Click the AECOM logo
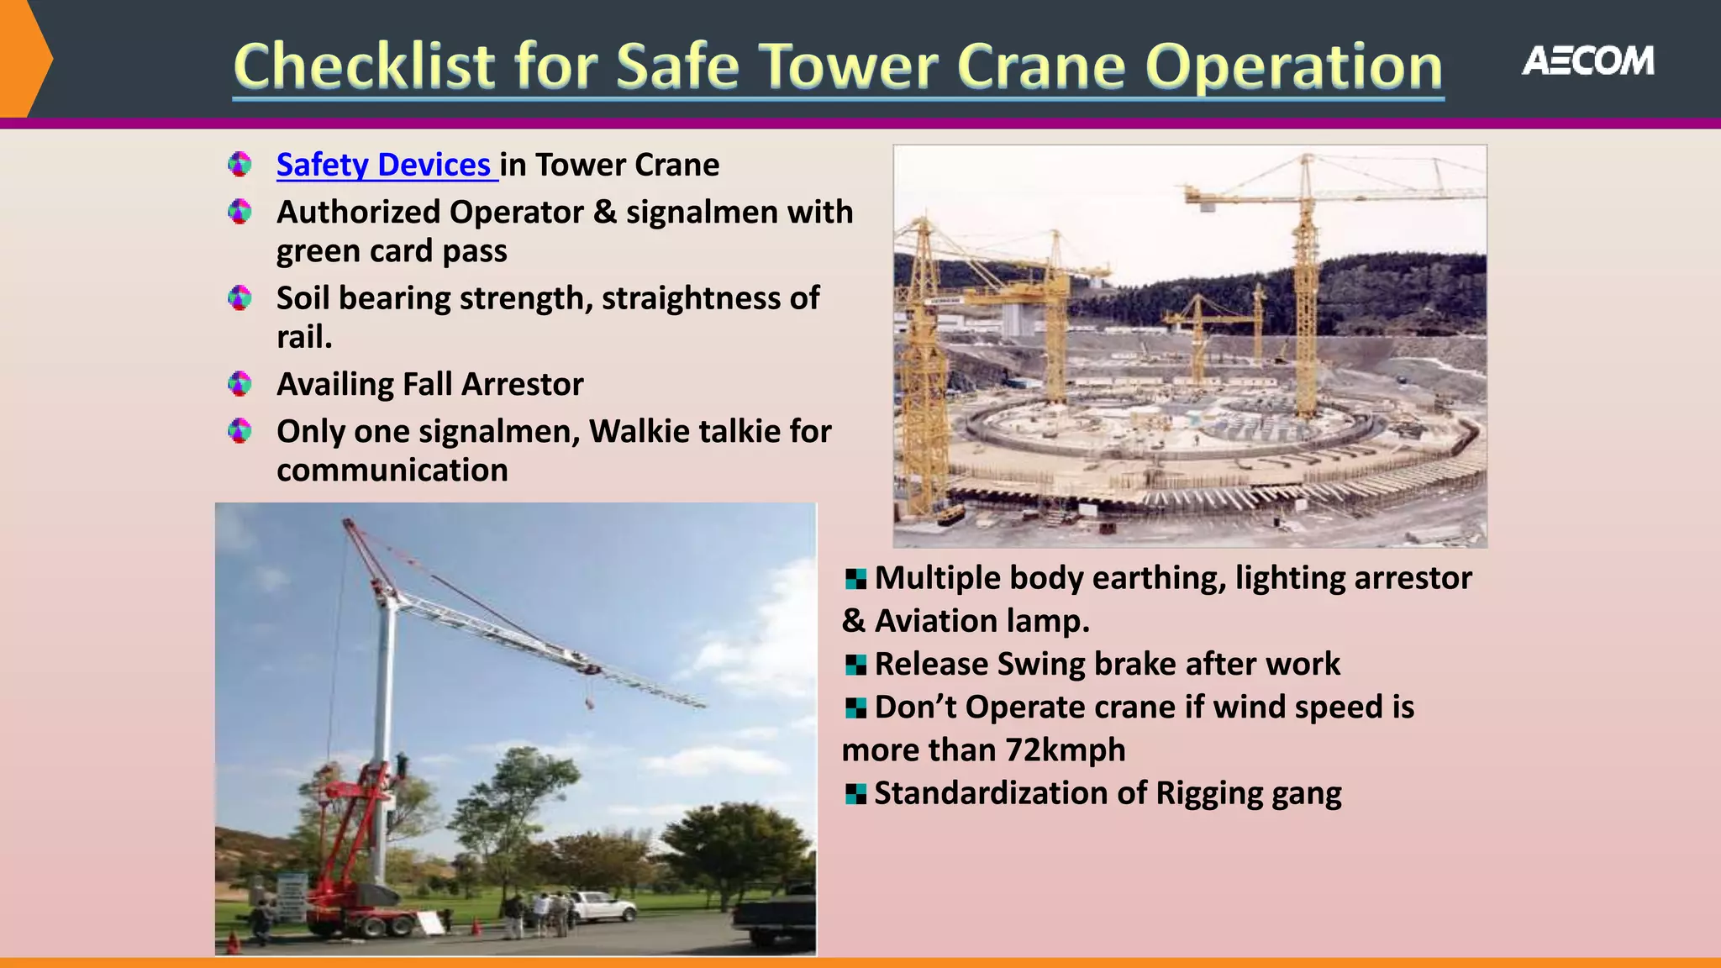[1587, 61]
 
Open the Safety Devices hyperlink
[384, 165]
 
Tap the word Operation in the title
[1294, 66]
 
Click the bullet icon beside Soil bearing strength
[239, 297]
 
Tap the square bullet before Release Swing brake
[855, 665]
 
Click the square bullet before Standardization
[855, 793]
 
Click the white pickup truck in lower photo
[602, 905]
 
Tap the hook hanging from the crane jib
[590, 699]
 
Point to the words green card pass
[392, 251]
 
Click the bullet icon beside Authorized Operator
[239, 212]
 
